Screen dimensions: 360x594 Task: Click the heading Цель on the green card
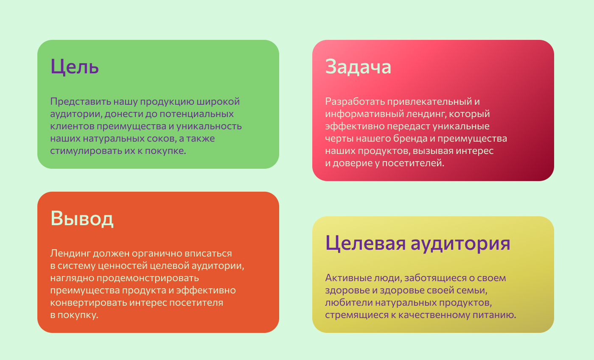[x=75, y=67]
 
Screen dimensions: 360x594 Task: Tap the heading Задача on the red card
[x=358, y=67]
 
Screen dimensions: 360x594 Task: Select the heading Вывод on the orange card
[x=82, y=218]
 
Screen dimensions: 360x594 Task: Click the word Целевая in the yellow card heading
[x=365, y=243]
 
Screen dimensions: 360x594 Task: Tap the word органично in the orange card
[x=157, y=254]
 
